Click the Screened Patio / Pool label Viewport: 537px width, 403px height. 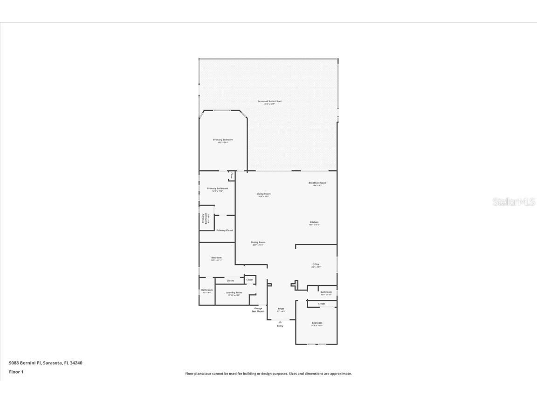point(270,101)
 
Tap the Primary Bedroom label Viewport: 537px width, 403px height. point(223,140)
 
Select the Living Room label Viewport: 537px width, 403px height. point(264,194)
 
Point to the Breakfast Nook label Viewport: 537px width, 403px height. point(317,183)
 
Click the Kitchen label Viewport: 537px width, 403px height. point(314,222)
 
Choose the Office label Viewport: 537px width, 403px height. point(316,264)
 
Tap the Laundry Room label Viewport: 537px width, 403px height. point(234,293)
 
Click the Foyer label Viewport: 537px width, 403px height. point(281,309)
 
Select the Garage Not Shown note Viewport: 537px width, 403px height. point(258,310)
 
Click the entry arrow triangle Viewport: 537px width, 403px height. point(280,322)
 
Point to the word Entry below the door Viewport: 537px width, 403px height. point(280,326)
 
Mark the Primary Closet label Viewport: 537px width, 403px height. point(225,230)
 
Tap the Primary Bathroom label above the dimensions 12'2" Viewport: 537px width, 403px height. point(218,188)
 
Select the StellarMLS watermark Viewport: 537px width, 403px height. point(513,202)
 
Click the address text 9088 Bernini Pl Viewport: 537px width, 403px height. point(25,362)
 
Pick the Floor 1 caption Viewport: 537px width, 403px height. point(16,372)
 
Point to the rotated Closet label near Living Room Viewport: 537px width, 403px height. point(232,175)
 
